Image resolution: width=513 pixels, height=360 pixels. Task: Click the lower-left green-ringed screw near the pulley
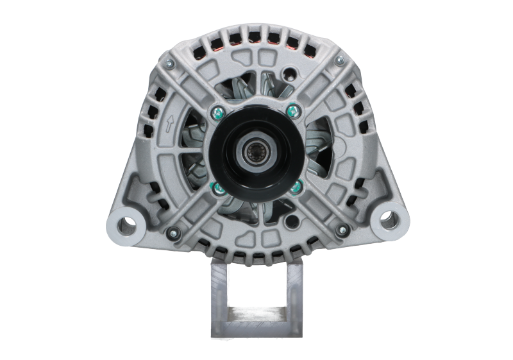[x=217, y=187]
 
